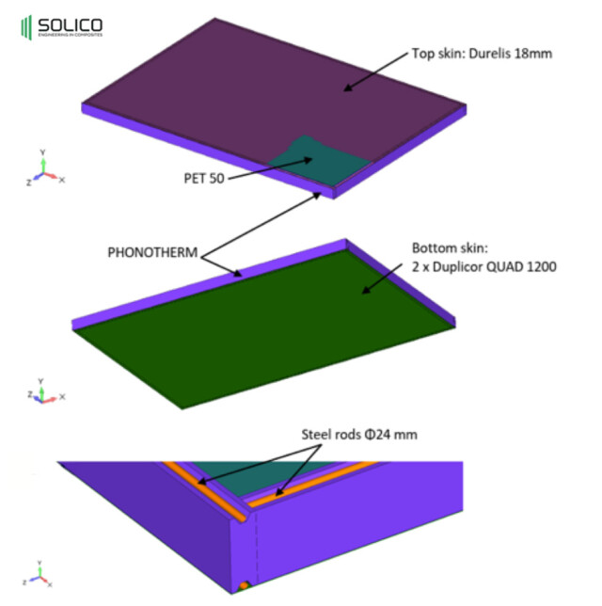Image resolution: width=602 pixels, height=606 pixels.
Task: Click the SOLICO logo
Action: (62, 27)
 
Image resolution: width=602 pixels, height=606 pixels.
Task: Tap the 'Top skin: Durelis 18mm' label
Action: (482, 54)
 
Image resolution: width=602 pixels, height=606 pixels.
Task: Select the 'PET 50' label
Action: (204, 178)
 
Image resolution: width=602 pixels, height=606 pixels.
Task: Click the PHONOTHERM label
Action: (152, 252)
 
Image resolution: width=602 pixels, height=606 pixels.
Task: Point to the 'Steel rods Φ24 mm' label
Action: (359, 435)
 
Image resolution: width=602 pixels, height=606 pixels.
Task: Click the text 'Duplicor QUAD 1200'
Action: (495, 266)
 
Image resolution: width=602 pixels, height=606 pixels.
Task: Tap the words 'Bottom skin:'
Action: (451, 247)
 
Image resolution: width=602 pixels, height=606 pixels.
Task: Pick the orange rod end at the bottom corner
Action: (244, 586)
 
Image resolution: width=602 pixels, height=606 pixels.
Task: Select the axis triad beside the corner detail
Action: (38, 574)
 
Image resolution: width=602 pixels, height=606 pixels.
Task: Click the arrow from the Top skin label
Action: (375, 72)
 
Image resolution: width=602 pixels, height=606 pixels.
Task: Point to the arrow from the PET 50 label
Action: (270, 168)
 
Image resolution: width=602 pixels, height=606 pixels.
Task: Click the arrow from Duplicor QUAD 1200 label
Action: (382, 279)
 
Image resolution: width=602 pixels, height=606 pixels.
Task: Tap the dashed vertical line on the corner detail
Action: (256, 549)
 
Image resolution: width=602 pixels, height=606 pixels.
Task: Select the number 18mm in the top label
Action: (533, 54)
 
